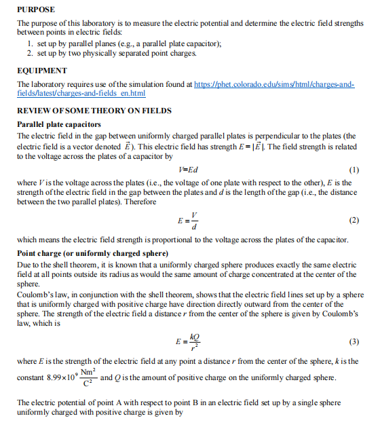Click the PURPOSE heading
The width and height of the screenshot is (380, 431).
[x=35, y=10]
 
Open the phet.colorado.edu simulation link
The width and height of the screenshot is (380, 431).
[x=272, y=83]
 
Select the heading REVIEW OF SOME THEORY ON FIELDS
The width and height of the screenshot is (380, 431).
[x=94, y=110]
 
